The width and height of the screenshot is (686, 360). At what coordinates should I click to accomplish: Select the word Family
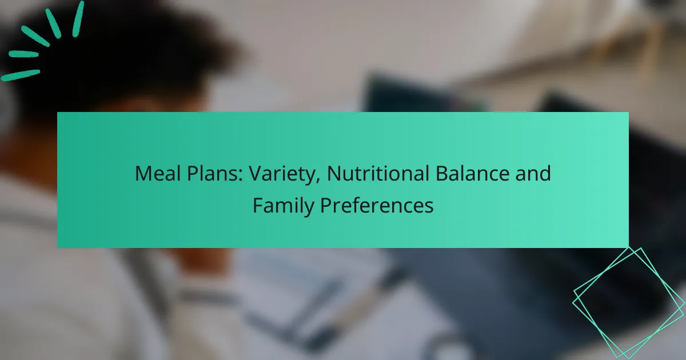[283, 205]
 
